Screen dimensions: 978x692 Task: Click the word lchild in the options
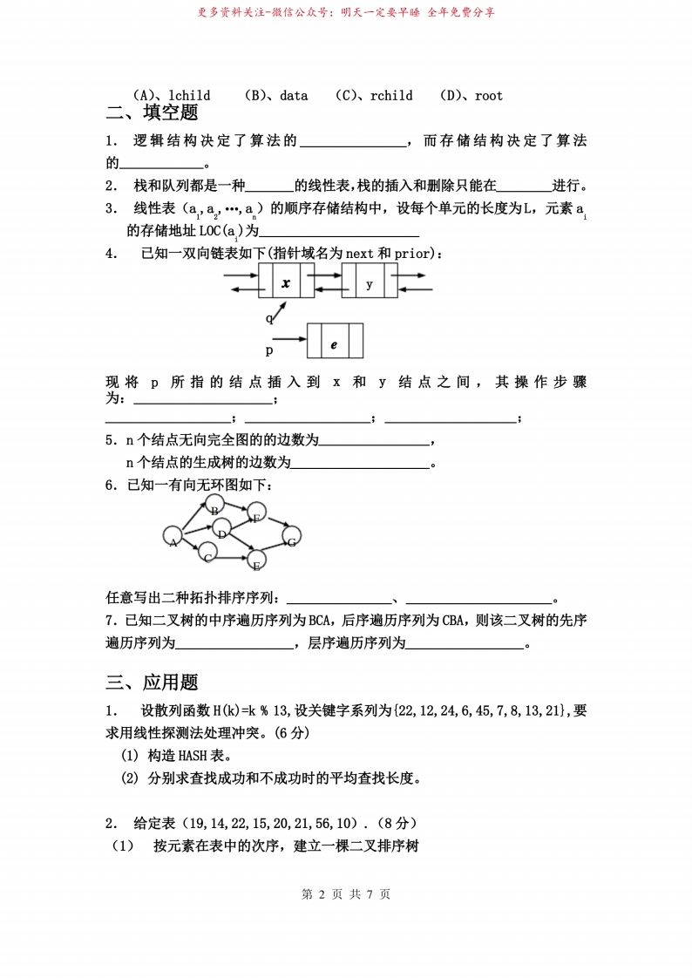[189, 96]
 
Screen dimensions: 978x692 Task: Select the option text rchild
[391, 96]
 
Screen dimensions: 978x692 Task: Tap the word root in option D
[488, 96]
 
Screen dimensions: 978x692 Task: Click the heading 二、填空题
[153, 112]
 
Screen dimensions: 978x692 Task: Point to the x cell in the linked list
[286, 283]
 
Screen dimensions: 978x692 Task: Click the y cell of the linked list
[370, 283]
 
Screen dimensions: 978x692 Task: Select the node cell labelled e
[335, 343]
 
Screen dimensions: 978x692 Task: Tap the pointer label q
[269, 319]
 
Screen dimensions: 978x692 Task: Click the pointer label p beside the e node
[269, 350]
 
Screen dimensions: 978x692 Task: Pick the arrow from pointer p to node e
[294, 340]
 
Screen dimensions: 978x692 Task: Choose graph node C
[208, 553]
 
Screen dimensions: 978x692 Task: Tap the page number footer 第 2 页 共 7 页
[346, 894]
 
